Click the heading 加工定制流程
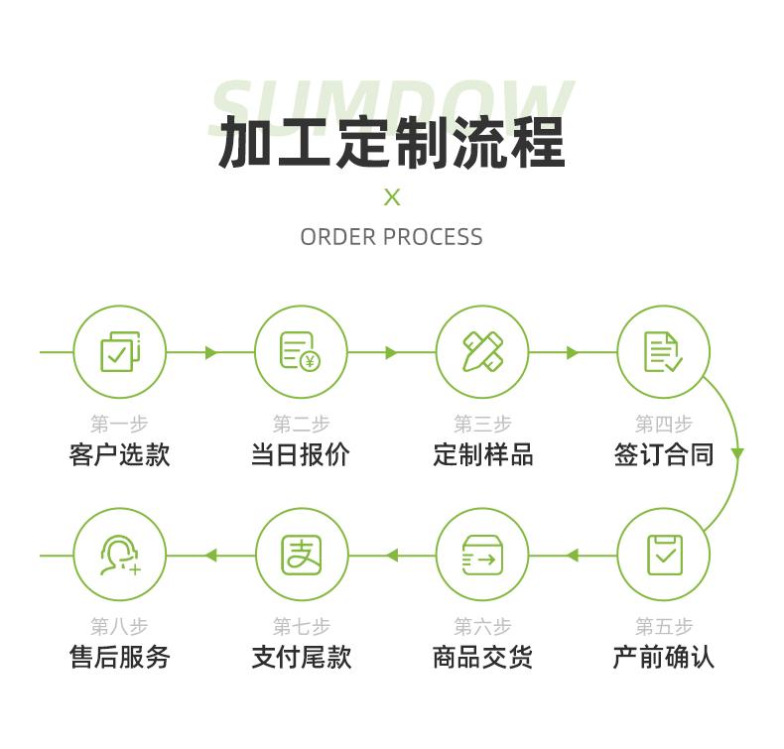coord(391,143)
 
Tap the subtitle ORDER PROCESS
coord(391,237)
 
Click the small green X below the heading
coord(392,196)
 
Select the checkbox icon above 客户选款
coord(120,352)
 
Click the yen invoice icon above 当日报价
coord(301,352)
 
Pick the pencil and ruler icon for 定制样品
coord(482,352)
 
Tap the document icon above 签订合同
coord(663,352)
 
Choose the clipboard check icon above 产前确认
coord(664,555)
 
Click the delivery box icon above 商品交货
coord(482,555)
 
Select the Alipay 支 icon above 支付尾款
coord(301,555)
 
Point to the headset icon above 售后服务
coord(120,555)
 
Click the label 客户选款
coord(120,454)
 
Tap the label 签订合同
coord(663,454)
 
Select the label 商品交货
coord(482,657)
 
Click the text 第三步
coord(482,425)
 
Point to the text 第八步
coord(120,627)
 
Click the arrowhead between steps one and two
coord(210,352)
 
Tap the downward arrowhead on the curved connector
coord(737,454)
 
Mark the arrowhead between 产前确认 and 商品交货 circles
coord(573,556)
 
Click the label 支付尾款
coord(301,657)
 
